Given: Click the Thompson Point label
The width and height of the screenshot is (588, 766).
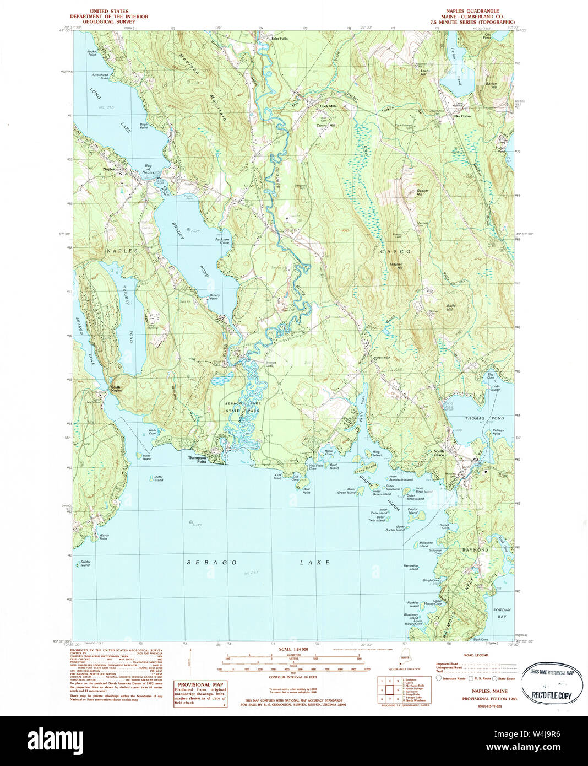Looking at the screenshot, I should pyautogui.click(x=197, y=458).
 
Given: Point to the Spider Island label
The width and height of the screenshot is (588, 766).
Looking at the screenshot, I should pyautogui.click(x=85, y=563).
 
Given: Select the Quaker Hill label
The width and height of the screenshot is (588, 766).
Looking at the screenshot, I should pyautogui.click(x=422, y=193).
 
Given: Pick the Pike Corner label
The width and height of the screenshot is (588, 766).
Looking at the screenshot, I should pyautogui.click(x=462, y=116).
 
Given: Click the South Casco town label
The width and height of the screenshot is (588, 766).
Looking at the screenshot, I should pyautogui.click(x=438, y=453).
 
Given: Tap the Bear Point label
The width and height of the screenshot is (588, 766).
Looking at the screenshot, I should pyautogui.click(x=307, y=490).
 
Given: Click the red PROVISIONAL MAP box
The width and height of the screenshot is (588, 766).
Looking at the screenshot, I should pyautogui.click(x=200, y=693).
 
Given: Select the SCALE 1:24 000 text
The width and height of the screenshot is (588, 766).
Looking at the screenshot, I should pyautogui.click(x=293, y=650).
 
